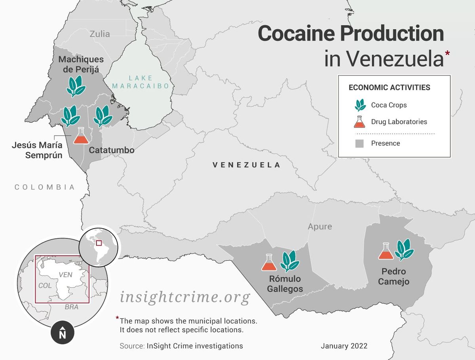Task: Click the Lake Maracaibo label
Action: [x=141, y=82]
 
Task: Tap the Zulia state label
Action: [x=100, y=34]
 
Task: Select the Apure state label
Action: [x=320, y=227]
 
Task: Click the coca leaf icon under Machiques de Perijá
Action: [x=76, y=86]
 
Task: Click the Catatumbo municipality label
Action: [x=111, y=150]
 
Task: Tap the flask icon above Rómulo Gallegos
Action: [x=269, y=262]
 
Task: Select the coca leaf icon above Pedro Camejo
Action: [x=404, y=250]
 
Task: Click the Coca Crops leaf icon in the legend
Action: [x=360, y=105]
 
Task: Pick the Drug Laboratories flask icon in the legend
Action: [x=359, y=122]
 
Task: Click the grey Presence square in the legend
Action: [x=359, y=143]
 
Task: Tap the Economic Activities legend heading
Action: [x=389, y=87]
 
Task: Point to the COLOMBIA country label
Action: [x=45, y=187]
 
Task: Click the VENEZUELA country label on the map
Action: [x=246, y=165]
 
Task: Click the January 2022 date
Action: [x=344, y=346]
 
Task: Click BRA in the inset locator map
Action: [x=72, y=307]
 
